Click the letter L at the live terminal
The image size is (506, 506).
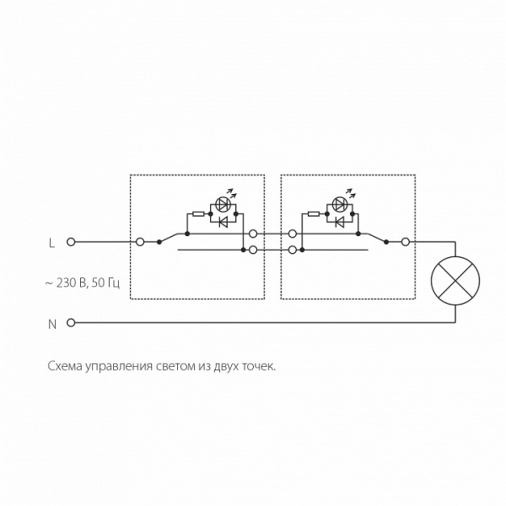click(51, 243)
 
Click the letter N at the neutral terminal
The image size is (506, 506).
click(52, 324)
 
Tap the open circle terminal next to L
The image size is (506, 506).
click(71, 242)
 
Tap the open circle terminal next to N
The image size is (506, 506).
click(71, 322)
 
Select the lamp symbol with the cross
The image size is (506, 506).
click(455, 281)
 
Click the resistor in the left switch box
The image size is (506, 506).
click(198, 213)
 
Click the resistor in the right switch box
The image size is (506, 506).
click(314, 213)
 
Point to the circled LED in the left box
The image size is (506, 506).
click(223, 204)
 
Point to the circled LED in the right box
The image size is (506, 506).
click(339, 204)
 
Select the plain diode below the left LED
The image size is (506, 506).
click(223, 222)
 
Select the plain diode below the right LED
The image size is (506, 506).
click(339, 222)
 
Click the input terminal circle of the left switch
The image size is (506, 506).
click(140, 242)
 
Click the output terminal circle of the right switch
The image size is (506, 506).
click(406, 242)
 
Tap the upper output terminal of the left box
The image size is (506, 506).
click(253, 234)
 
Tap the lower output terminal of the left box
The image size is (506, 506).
click(253, 250)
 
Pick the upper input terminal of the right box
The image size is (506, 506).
click(293, 234)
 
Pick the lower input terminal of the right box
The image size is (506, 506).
click(293, 250)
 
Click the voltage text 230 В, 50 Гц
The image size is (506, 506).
click(88, 283)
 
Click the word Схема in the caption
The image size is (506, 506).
click(65, 366)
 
